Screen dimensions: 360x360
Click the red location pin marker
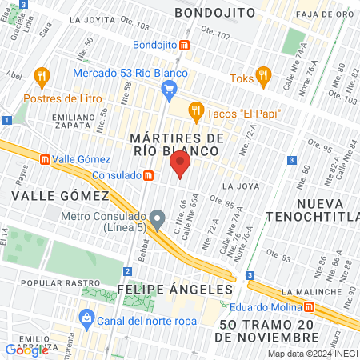[x=180, y=166]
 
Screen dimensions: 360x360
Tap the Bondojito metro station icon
[x=185, y=46]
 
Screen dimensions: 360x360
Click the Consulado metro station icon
[x=148, y=175]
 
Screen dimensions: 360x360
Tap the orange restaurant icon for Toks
[x=263, y=78]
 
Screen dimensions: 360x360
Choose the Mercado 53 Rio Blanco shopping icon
[x=170, y=92]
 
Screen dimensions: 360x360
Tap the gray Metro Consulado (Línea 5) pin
[x=158, y=218]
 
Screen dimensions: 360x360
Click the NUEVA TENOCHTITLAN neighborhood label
[x=328, y=212]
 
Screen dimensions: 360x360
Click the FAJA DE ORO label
[x=325, y=14]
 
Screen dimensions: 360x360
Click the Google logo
[x=26, y=349]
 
